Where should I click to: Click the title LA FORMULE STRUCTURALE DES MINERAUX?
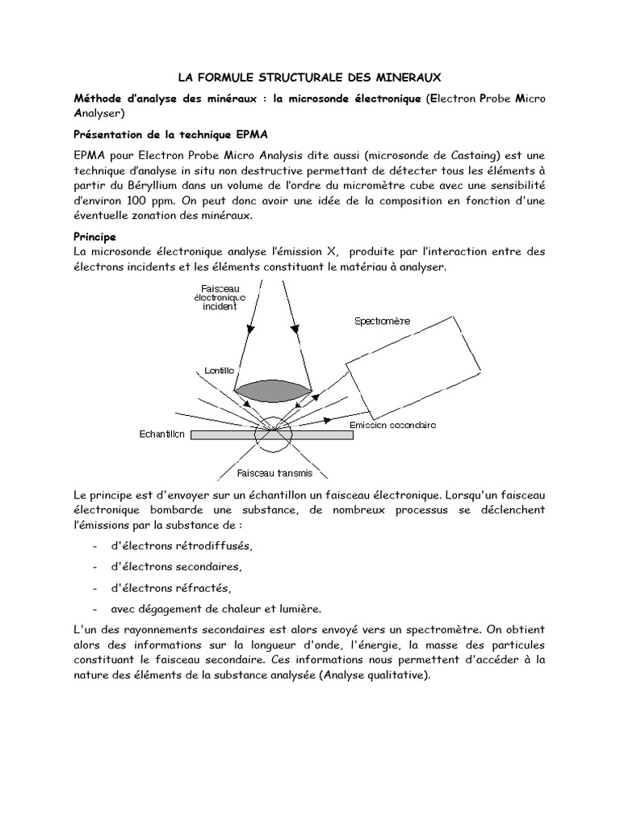point(309,78)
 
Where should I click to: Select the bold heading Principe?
point(95,237)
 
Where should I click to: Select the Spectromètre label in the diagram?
point(383,321)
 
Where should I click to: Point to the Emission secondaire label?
point(393,425)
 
